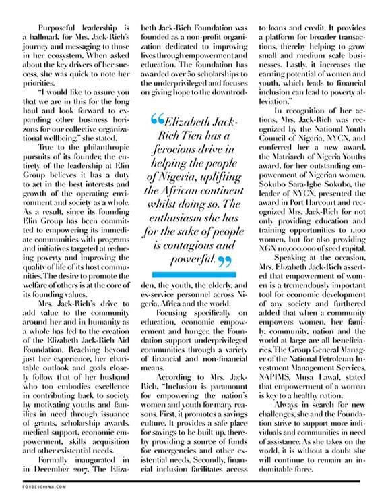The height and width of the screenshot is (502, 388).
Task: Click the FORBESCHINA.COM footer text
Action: click(x=33, y=490)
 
